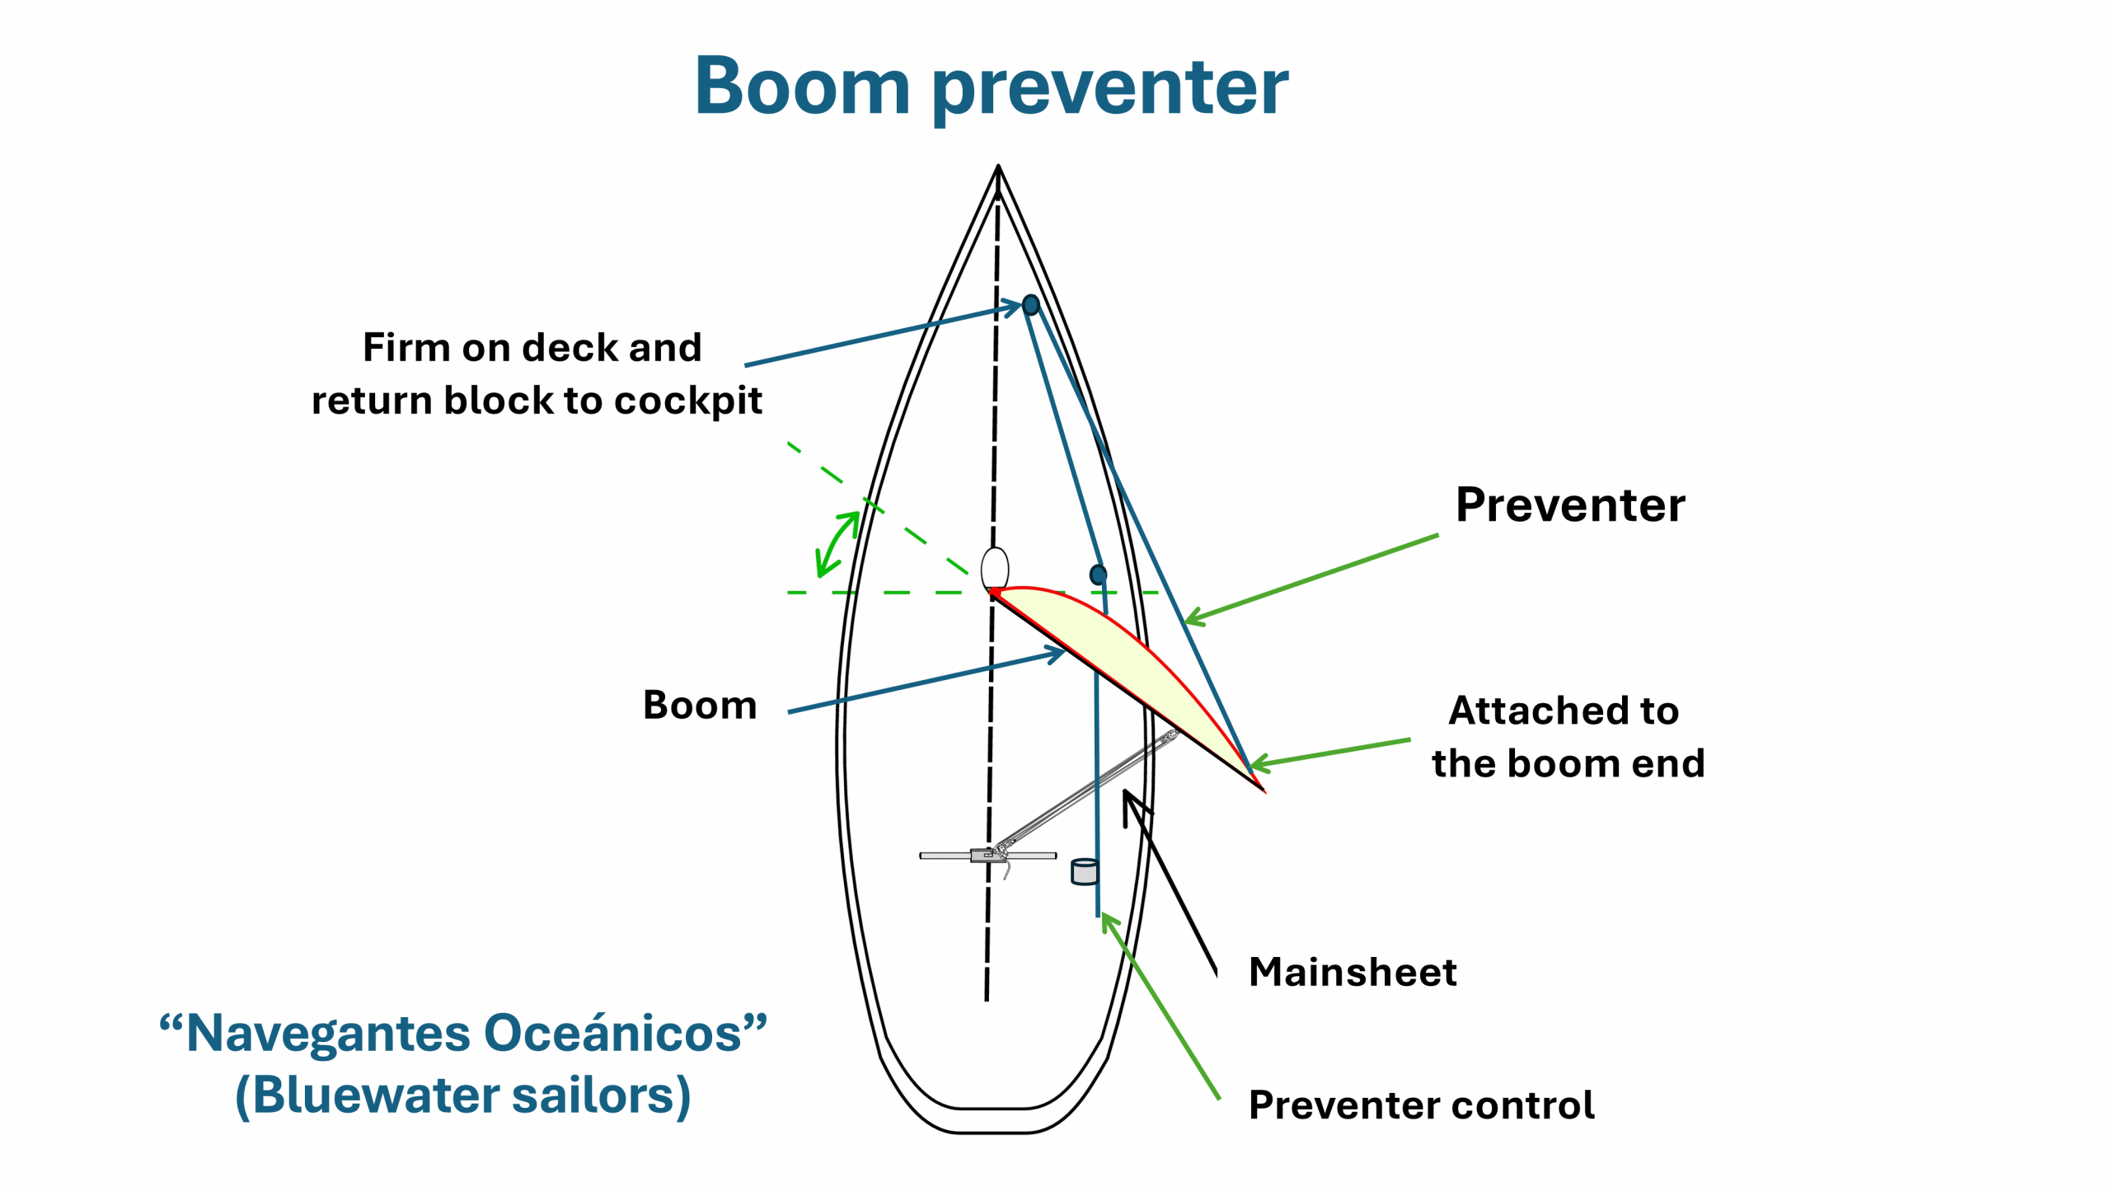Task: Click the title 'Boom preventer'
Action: pos(992,87)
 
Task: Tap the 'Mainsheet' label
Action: pos(1353,972)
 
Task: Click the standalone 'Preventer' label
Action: pos(1570,504)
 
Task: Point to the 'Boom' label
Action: pos(700,706)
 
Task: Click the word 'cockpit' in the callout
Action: pos(687,401)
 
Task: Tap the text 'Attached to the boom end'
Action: pos(1568,737)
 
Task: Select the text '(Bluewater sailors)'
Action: pos(463,1096)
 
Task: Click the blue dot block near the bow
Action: pos(1030,305)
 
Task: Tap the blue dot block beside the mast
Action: pos(1098,575)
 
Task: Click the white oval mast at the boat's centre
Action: pos(995,568)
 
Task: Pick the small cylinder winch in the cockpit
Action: pos(1085,871)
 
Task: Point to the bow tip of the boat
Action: pos(998,166)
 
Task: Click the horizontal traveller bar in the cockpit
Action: pos(988,856)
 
